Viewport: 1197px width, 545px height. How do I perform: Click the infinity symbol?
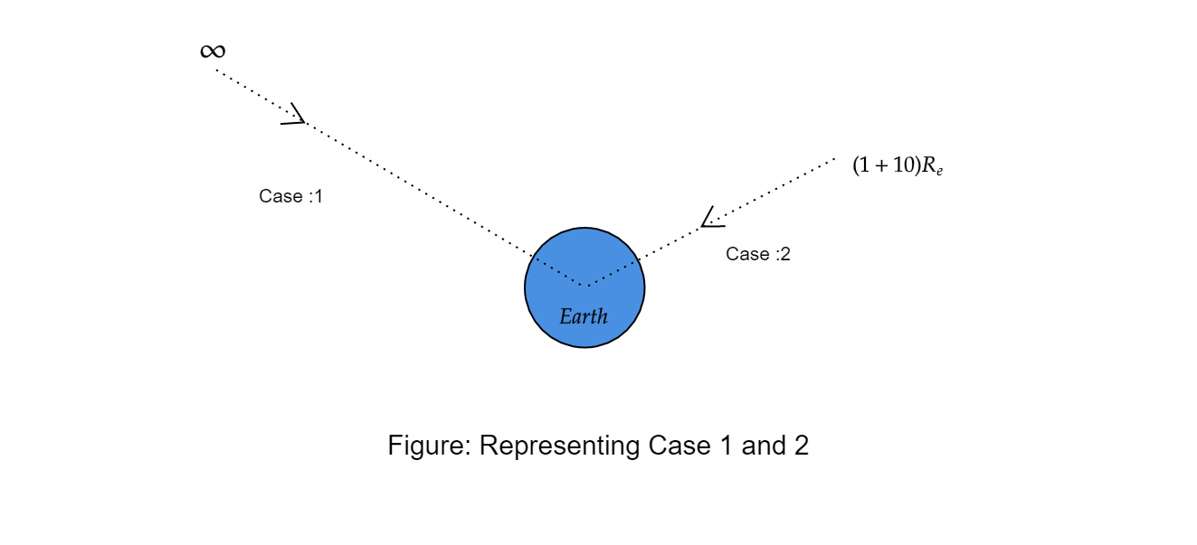[213, 52]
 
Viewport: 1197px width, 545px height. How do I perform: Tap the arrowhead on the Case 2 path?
[711, 219]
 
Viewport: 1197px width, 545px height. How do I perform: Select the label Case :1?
[290, 196]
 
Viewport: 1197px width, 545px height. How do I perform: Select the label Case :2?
[758, 254]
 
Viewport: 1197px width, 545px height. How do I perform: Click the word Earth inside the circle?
[584, 317]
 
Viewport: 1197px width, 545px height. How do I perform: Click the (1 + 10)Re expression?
[898, 165]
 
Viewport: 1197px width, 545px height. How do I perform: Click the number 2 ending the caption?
[801, 446]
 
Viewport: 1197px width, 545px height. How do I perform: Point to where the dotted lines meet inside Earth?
[587, 286]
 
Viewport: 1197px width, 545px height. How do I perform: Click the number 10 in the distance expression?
[906, 165]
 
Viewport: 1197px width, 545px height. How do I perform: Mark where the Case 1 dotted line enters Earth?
[533, 256]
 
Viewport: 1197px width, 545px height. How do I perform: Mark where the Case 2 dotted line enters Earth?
[638, 259]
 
